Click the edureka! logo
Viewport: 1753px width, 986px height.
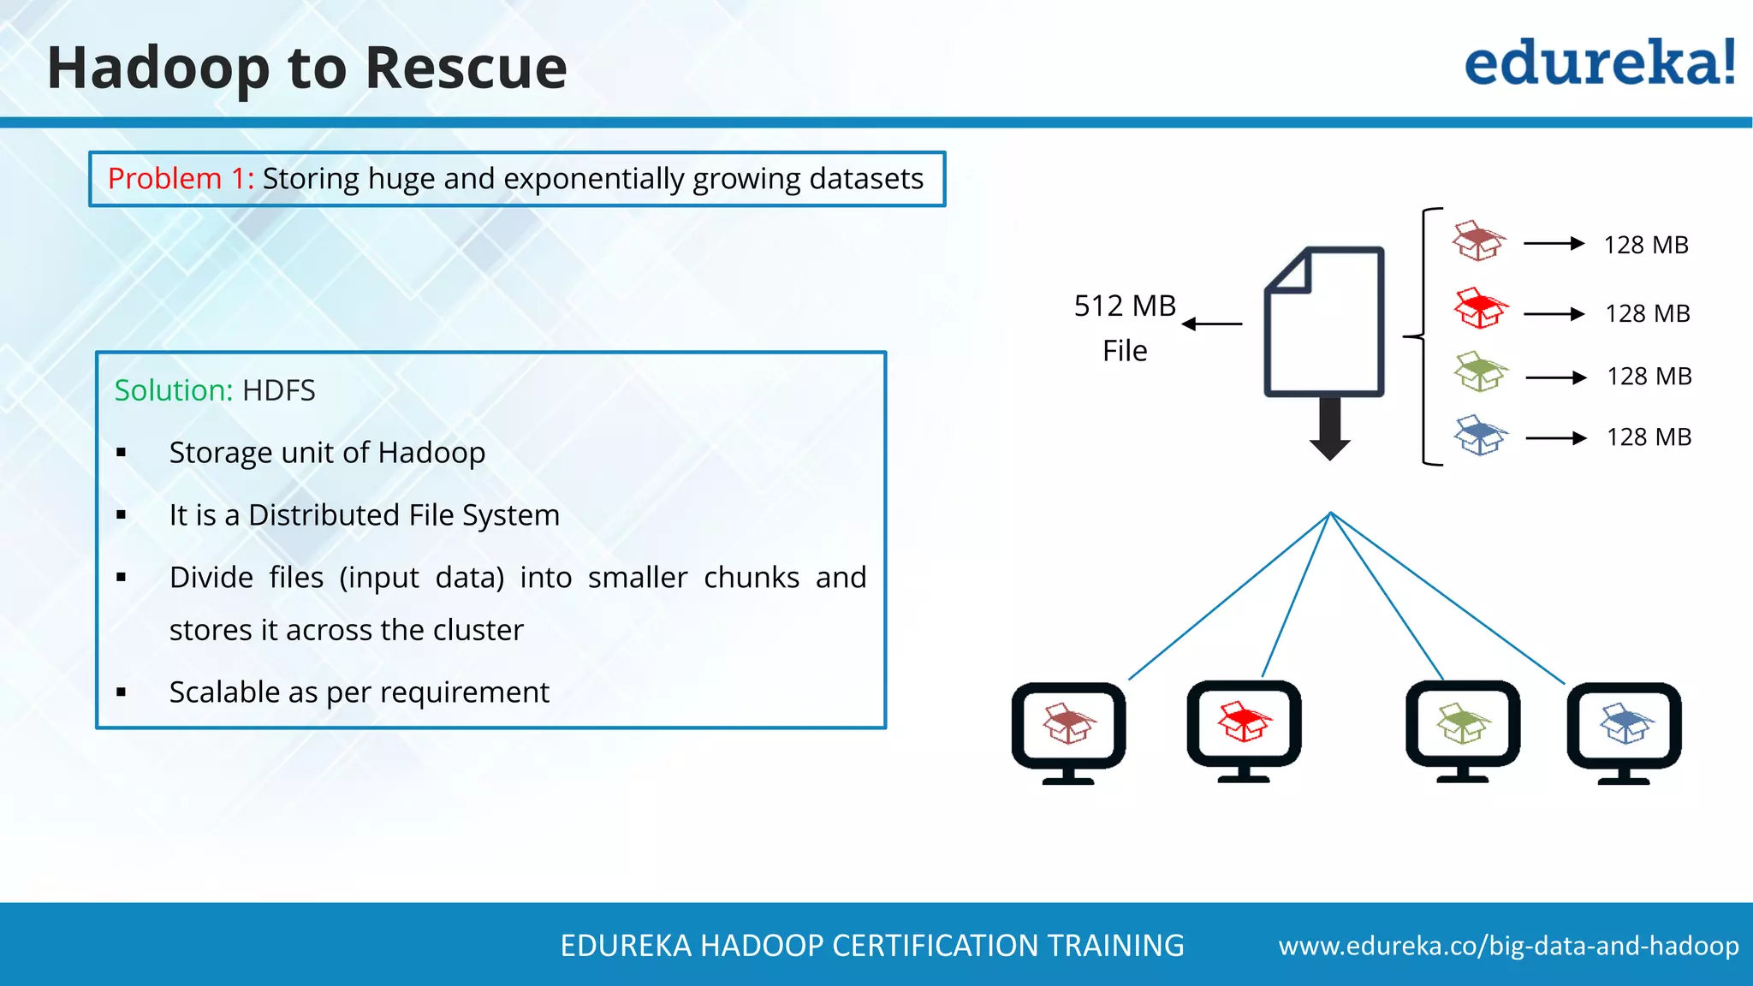click(x=1599, y=63)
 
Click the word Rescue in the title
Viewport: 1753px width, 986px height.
click(x=466, y=68)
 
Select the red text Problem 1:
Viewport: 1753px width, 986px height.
click(x=181, y=179)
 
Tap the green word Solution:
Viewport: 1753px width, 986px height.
click(x=174, y=390)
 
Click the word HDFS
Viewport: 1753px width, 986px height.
click(x=279, y=390)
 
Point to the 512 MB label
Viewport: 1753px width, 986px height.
click(x=1125, y=306)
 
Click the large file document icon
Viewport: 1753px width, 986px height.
click(x=1325, y=322)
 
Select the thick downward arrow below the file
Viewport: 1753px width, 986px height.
click(x=1329, y=429)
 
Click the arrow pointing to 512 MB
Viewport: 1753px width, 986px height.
click(x=1212, y=324)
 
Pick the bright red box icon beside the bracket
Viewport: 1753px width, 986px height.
click(x=1480, y=308)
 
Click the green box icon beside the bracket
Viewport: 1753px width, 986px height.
click(x=1480, y=371)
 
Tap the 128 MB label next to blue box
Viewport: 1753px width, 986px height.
click(x=1649, y=437)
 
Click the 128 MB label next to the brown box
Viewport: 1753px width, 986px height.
click(x=1645, y=245)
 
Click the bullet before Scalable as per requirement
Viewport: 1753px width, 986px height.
click(x=122, y=692)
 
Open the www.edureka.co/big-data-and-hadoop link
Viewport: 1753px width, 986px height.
click(x=1508, y=946)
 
